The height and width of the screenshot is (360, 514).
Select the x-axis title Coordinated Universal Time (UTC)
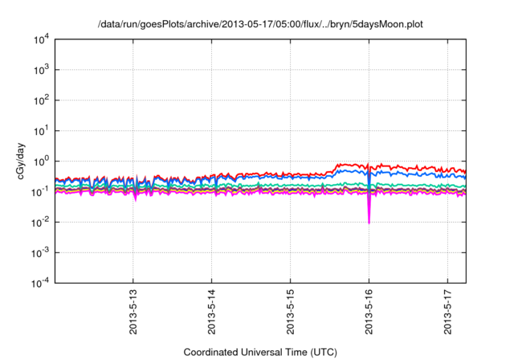(260, 352)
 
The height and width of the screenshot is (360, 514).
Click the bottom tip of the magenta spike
(369, 223)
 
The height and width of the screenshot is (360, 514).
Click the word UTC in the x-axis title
(321, 352)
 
